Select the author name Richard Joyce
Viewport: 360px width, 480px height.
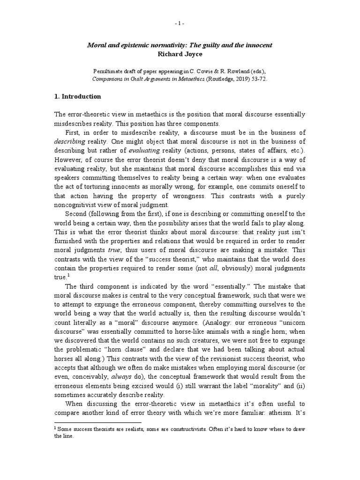click(180, 54)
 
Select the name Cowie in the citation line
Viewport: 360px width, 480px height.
click(215, 71)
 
